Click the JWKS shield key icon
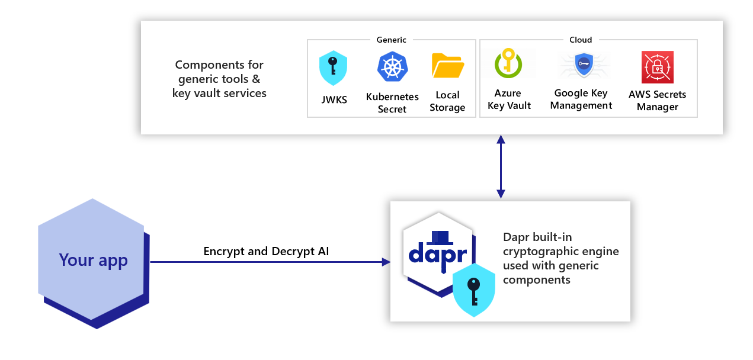click(x=333, y=68)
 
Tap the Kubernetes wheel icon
click(x=392, y=66)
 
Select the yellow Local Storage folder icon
click(x=447, y=66)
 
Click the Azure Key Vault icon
click(x=508, y=64)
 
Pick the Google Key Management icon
click(x=584, y=65)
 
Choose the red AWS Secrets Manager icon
click(x=657, y=67)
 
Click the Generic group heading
click(x=391, y=40)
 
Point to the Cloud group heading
click(x=581, y=40)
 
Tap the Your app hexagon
click(x=93, y=261)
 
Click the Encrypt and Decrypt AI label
click(x=266, y=251)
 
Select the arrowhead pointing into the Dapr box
click(x=386, y=262)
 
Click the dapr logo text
click(x=438, y=253)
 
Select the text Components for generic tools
click(x=219, y=71)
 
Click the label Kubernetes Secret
click(x=392, y=103)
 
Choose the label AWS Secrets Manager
click(x=657, y=101)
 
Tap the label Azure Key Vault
click(x=508, y=99)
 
